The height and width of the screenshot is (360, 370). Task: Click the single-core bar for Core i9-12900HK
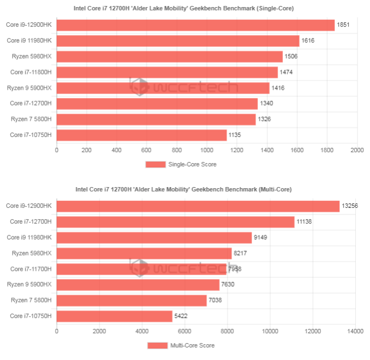195,25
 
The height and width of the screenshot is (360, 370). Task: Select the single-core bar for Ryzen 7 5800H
156,119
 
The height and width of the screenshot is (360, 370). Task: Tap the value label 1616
308,41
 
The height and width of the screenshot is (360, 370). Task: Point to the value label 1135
235,135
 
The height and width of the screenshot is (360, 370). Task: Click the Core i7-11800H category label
31,72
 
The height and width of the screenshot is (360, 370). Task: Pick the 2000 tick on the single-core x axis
357,150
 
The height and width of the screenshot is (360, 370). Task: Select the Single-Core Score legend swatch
155,165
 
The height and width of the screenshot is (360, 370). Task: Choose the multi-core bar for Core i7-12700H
175,221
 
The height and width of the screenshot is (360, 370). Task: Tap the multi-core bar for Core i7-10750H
114,316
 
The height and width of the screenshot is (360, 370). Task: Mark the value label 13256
350,206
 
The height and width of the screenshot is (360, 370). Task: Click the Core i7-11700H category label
31,269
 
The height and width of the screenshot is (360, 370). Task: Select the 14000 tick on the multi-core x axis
355,330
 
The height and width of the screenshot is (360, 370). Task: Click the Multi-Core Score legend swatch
157,345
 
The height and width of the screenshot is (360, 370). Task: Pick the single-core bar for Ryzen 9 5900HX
163,88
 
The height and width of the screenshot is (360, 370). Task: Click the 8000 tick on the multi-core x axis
227,330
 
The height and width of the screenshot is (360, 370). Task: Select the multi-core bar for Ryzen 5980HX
144,253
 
